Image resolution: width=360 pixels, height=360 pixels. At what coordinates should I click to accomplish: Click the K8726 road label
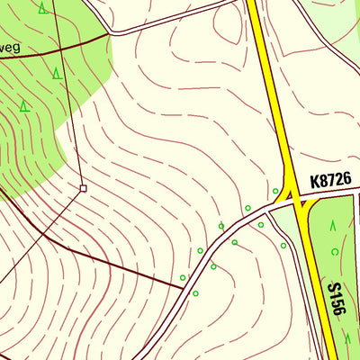(330, 181)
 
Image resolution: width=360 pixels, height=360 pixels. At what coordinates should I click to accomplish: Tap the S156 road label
(336, 301)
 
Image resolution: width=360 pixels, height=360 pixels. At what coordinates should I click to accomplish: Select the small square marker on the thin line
(83, 188)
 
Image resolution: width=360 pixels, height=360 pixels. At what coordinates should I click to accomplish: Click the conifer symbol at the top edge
(43, 9)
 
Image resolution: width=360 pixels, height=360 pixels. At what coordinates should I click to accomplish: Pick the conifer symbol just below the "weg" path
(56, 73)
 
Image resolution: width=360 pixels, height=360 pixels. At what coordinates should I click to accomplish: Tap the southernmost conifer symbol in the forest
(24, 105)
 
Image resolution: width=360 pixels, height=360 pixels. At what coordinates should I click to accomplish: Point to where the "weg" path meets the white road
(110, 33)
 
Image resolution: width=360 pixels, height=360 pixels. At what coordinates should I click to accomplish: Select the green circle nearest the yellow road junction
(275, 191)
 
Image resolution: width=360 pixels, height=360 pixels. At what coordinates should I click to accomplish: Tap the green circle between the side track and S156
(283, 245)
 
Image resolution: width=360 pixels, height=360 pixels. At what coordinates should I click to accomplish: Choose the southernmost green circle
(195, 293)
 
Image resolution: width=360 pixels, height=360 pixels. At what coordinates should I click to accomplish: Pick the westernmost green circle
(183, 278)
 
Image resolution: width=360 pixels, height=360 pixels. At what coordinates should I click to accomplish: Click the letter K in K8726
(315, 181)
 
